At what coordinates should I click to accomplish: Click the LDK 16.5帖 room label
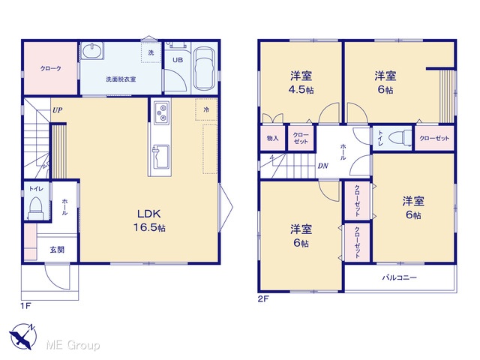(149, 220)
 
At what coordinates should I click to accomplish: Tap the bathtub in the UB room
(205, 68)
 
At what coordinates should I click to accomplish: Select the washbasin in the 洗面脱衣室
(92, 50)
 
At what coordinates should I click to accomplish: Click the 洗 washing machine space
(151, 52)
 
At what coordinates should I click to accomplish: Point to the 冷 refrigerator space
(206, 109)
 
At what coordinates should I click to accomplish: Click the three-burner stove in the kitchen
(162, 113)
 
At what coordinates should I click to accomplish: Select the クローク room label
(51, 68)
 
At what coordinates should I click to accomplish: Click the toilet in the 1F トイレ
(35, 208)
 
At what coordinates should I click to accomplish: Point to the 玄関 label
(57, 250)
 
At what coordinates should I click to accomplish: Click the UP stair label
(57, 110)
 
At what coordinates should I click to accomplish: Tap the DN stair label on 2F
(322, 166)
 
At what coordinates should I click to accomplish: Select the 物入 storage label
(272, 138)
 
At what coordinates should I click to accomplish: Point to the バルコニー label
(400, 277)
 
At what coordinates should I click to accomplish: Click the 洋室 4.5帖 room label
(301, 82)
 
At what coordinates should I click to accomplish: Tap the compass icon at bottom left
(22, 337)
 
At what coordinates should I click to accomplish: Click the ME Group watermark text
(73, 345)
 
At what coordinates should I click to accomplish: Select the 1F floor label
(26, 305)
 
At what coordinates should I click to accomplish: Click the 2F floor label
(263, 298)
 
